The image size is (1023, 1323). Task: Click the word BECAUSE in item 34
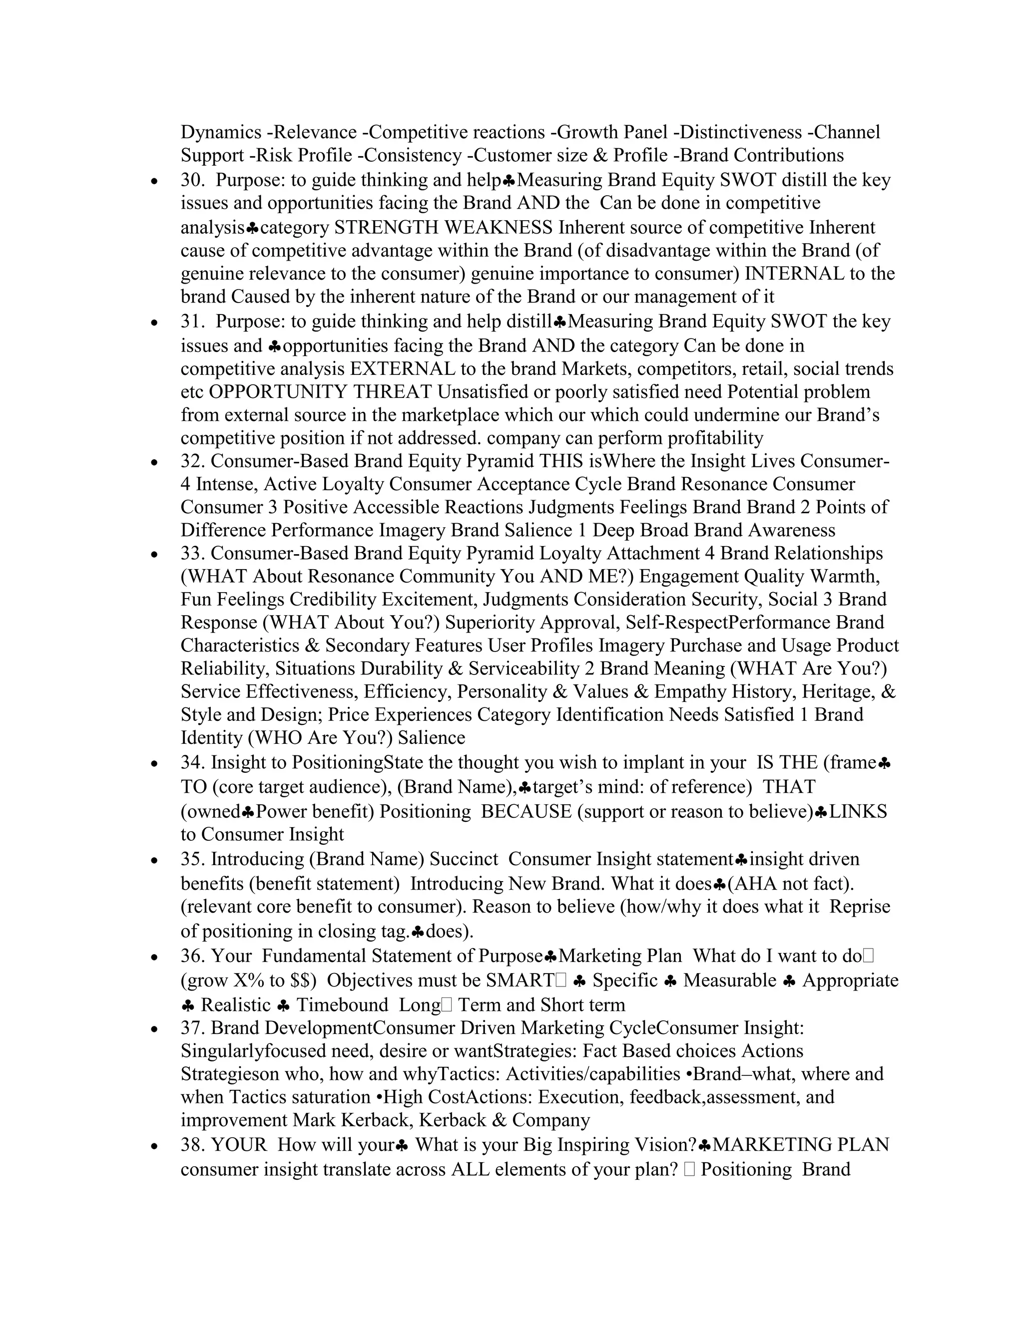point(526,812)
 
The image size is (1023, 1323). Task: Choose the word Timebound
point(342,1005)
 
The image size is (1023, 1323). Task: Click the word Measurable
point(730,980)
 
